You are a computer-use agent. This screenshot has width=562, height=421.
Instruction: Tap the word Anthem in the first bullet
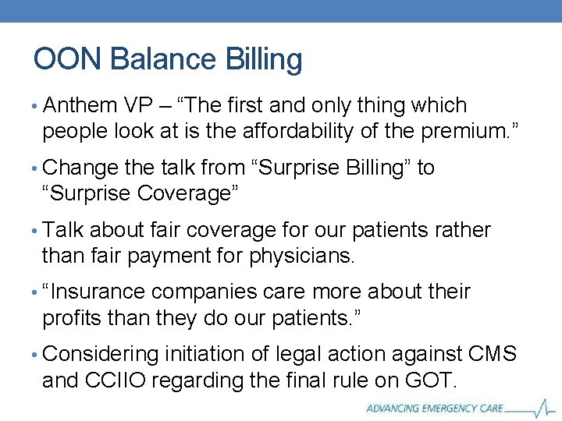click(80, 105)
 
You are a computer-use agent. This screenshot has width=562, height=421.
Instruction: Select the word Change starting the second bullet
click(81, 168)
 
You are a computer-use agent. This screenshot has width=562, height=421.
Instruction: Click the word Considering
click(101, 355)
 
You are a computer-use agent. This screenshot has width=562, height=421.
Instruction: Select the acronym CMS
click(492, 355)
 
